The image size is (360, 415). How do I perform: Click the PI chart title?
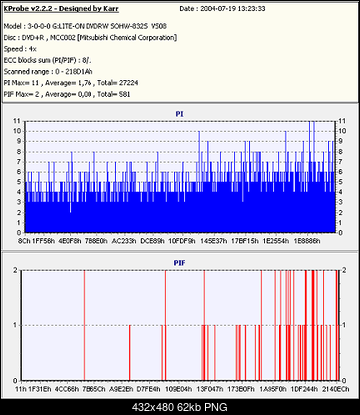179,113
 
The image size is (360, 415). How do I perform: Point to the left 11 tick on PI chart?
17,121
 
